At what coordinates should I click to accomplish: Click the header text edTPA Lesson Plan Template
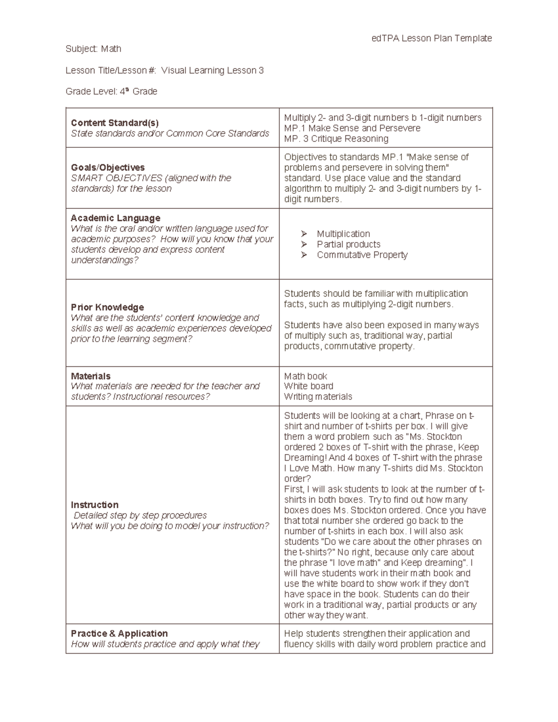(432, 38)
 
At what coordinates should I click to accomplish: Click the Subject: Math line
(93, 49)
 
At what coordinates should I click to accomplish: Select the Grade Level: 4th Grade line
(111, 92)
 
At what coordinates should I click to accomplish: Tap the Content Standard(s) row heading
(114, 123)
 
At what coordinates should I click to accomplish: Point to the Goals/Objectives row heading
(107, 167)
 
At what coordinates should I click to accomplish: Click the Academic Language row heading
(115, 218)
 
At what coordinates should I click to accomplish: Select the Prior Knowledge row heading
(107, 307)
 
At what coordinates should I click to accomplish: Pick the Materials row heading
(91, 376)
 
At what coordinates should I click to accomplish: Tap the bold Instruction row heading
(94, 505)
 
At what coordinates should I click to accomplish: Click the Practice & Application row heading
(119, 634)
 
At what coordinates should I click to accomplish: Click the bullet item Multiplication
(343, 234)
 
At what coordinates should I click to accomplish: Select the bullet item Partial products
(348, 245)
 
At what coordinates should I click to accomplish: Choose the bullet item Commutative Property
(362, 255)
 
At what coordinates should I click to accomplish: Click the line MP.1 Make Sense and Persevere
(352, 128)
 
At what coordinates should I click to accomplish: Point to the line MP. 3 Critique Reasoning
(336, 139)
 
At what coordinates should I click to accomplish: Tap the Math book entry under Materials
(306, 376)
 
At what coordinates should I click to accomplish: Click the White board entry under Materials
(308, 386)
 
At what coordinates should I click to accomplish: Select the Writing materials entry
(318, 397)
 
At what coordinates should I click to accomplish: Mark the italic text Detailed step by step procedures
(140, 516)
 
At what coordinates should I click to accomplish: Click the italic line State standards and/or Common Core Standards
(170, 133)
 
